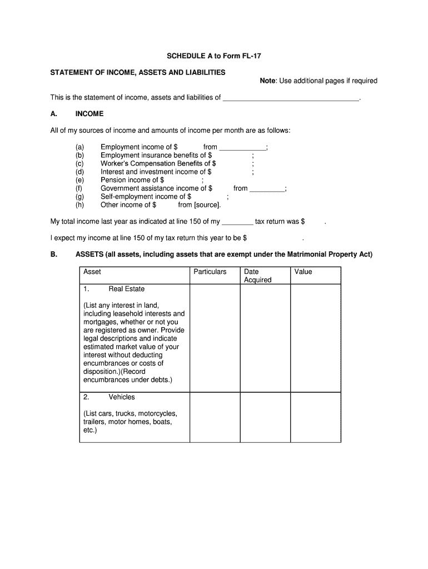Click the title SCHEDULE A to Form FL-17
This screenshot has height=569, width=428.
[x=213, y=56]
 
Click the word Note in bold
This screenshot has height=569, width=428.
[x=267, y=81]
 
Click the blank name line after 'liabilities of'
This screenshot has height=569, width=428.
[x=291, y=98]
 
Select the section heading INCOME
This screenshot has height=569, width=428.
[x=89, y=114]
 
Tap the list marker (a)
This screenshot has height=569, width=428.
[x=79, y=147]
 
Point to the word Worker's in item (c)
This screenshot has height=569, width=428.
[x=115, y=164]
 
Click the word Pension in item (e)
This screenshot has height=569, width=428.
[x=113, y=180]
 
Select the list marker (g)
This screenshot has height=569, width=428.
[x=79, y=197]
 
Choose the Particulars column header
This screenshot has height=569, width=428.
[x=210, y=272]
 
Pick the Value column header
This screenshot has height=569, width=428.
[x=303, y=272]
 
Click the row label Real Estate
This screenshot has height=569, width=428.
[x=126, y=289]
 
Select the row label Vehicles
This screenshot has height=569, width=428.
[x=122, y=397]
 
